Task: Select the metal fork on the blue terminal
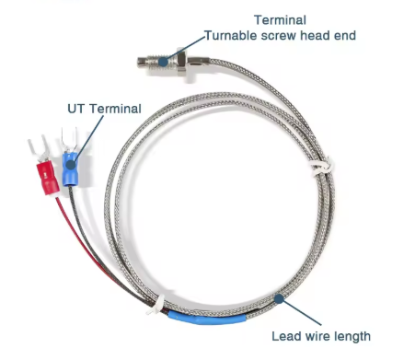coord(67,143)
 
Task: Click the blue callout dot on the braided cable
coord(280,296)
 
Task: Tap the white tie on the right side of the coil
coord(318,168)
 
